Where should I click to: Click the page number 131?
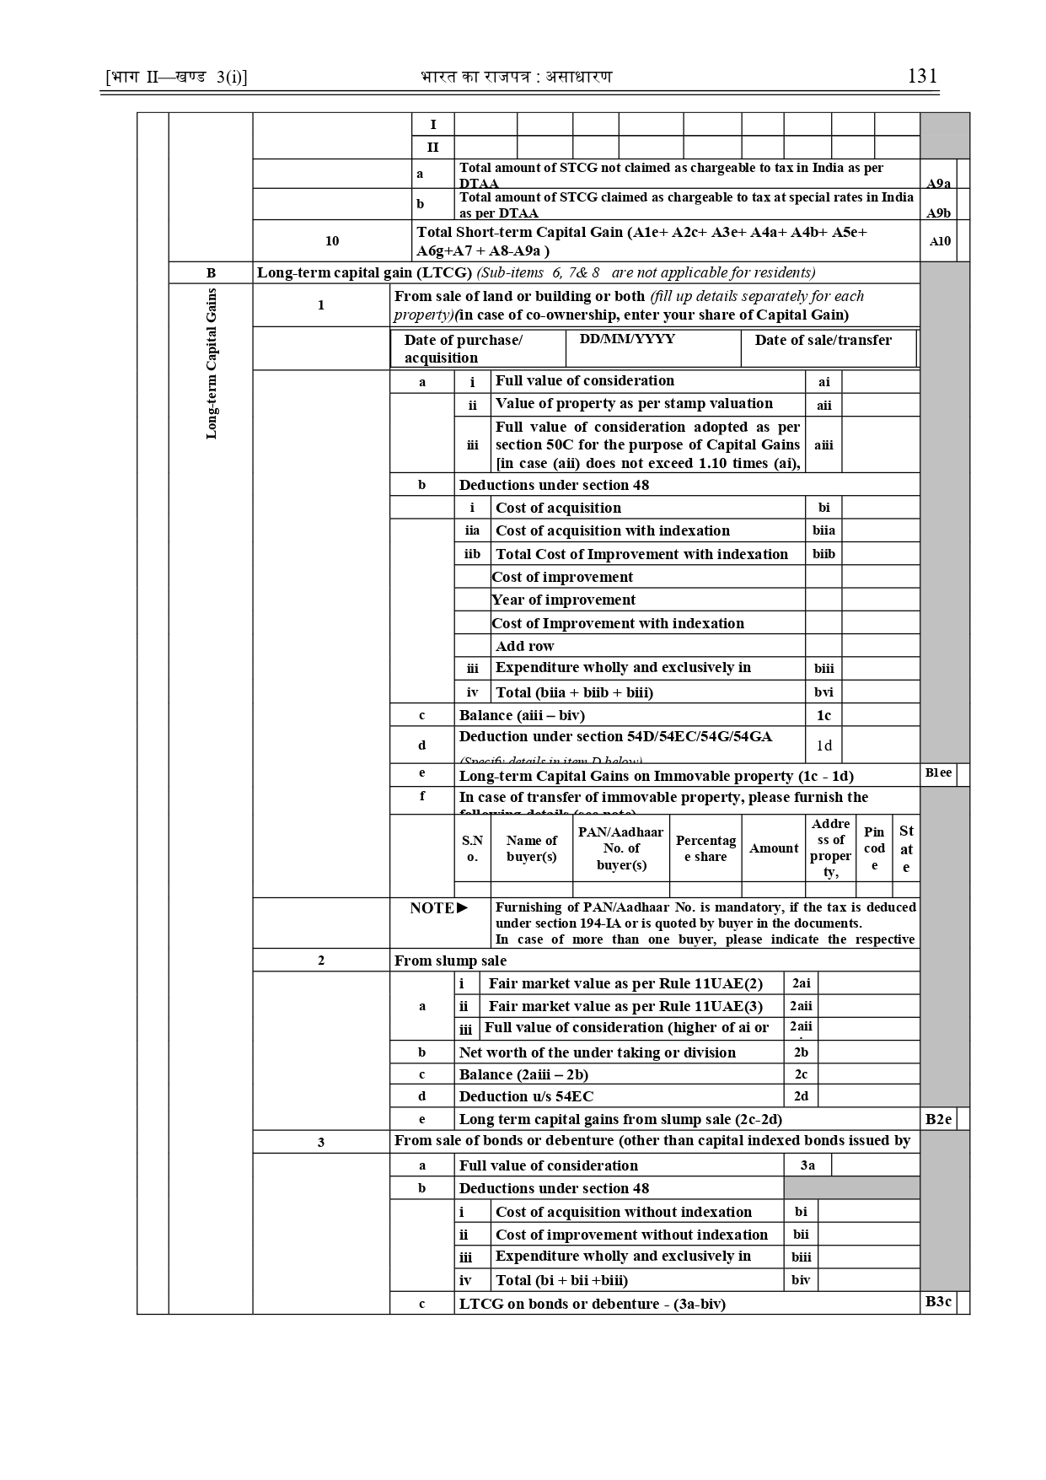[x=922, y=76]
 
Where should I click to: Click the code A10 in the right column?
[x=940, y=241]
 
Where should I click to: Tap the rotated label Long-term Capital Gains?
[x=212, y=363]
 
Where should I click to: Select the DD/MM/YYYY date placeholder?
[x=627, y=339]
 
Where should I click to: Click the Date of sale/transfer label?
[x=823, y=340]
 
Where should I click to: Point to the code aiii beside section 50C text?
[x=823, y=445]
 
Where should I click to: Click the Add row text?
[x=524, y=646]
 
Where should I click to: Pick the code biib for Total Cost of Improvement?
[x=823, y=554]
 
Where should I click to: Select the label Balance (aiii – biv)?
[x=522, y=715]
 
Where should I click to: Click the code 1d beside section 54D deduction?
[x=823, y=745]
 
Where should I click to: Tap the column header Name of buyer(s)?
[x=531, y=848]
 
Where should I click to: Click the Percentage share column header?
[x=705, y=848]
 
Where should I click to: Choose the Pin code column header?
[x=874, y=848]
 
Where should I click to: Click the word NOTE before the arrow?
[x=432, y=908]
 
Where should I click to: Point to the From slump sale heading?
[x=450, y=961]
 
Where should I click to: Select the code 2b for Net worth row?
[x=801, y=1052]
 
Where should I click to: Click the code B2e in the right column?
[x=938, y=1119]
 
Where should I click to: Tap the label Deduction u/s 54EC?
[x=526, y=1096]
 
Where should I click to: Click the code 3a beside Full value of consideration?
[x=807, y=1165]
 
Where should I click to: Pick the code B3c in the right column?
[x=938, y=1302]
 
